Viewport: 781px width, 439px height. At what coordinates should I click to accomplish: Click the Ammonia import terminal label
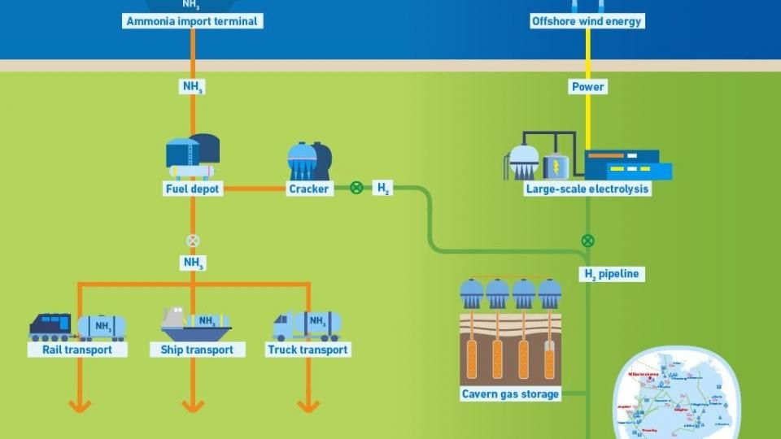tap(193, 21)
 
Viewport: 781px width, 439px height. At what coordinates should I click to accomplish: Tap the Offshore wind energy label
tap(587, 21)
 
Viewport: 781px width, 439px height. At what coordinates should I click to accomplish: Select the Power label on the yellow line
tap(588, 87)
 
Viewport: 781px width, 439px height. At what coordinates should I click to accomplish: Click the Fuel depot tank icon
tap(192, 155)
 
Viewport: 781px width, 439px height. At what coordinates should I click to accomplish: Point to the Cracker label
tap(309, 189)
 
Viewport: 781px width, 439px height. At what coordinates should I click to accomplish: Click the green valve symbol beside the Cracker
tap(356, 189)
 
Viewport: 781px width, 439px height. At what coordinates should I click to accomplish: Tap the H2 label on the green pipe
tap(383, 189)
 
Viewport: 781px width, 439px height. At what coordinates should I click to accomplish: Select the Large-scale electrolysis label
tap(587, 189)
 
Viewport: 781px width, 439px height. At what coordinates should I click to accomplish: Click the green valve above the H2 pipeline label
tap(587, 241)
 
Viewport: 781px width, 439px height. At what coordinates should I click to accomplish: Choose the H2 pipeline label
tap(612, 275)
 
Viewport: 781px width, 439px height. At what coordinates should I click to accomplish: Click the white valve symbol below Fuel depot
tap(193, 241)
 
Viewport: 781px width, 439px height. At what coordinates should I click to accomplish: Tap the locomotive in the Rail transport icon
tap(50, 326)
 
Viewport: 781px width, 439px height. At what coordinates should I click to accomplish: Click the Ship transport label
tap(192, 350)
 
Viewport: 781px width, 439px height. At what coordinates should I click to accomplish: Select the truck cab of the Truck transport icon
tap(286, 326)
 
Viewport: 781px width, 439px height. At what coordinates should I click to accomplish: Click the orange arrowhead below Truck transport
tap(308, 404)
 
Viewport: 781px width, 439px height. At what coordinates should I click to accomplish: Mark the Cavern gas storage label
tap(511, 394)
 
